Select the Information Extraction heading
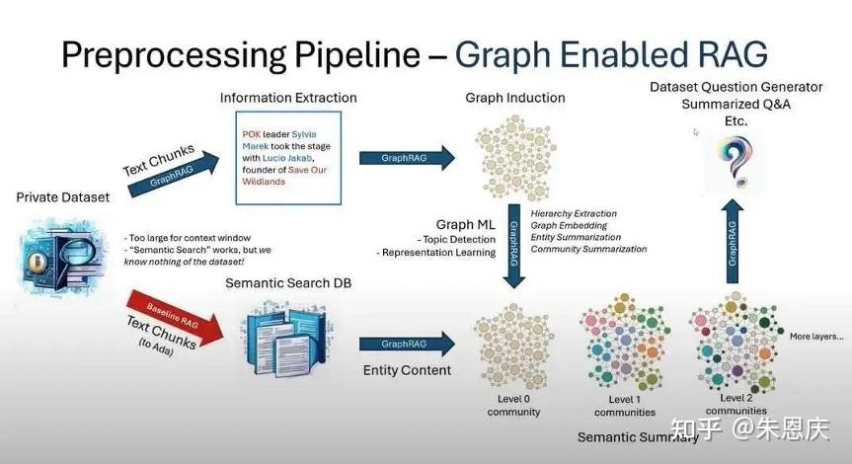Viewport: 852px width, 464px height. click(x=288, y=98)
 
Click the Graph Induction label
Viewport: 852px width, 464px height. click(x=514, y=98)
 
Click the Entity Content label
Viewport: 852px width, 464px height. click(x=407, y=370)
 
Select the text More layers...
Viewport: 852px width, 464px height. click(x=816, y=337)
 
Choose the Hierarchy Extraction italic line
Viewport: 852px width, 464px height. click(x=573, y=213)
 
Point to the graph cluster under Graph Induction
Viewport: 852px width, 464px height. click(x=514, y=156)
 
